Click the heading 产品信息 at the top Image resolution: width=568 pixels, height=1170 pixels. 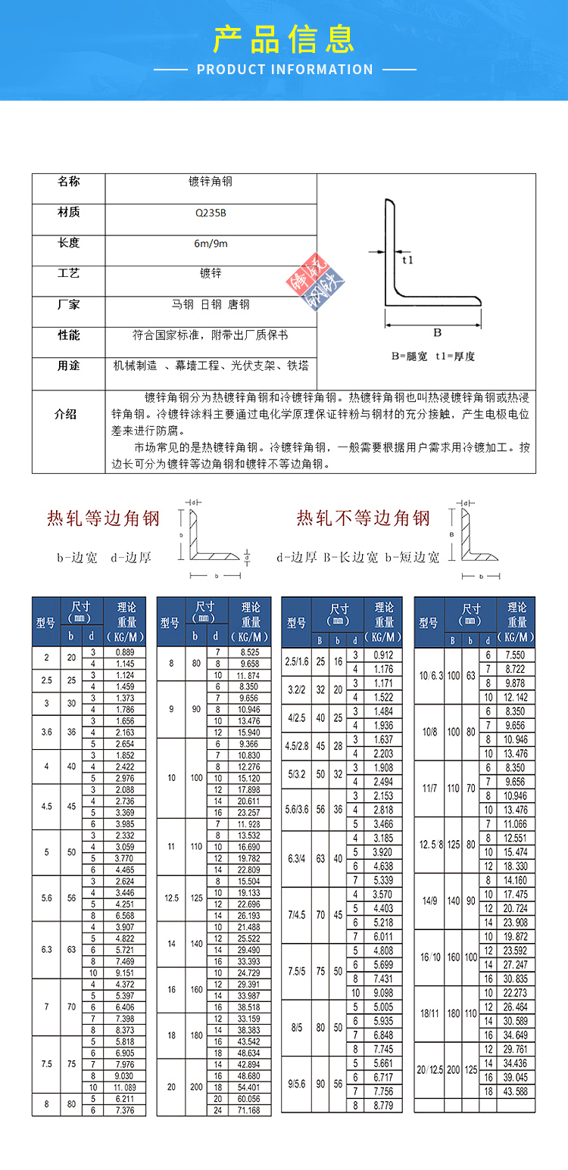pyautogui.click(x=284, y=39)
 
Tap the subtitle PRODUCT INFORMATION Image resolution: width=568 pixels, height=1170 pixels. pyautogui.click(x=285, y=70)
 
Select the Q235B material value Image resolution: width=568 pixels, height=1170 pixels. pyautogui.click(x=211, y=213)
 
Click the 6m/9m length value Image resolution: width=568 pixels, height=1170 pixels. pyautogui.click(x=211, y=244)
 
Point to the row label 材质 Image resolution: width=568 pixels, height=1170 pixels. pyautogui.click(x=68, y=213)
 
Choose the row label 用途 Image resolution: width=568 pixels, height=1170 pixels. pyautogui.click(x=68, y=366)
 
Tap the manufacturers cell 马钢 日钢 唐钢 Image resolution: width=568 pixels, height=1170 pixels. pyautogui.click(x=211, y=305)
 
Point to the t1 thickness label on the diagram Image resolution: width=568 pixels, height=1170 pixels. pyautogui.click(x=407, y=260)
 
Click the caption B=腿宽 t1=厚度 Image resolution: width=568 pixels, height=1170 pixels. pyautogui.click(x=433, y=356)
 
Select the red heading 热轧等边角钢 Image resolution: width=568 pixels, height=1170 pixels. pyautogui.click(x=103, y=518)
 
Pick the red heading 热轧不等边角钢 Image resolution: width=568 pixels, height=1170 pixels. pyautogui.click(x=363, y=518)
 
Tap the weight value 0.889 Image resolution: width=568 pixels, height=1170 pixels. pyautogui.click(x=126, y=652)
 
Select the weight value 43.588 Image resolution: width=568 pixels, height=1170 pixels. pyautogui.click(x=516, y=1091)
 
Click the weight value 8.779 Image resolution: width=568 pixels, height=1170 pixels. pyautogui.click(x=383, y=1105)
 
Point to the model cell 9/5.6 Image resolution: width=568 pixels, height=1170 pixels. pyautogui.click(x=296, y=1084)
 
